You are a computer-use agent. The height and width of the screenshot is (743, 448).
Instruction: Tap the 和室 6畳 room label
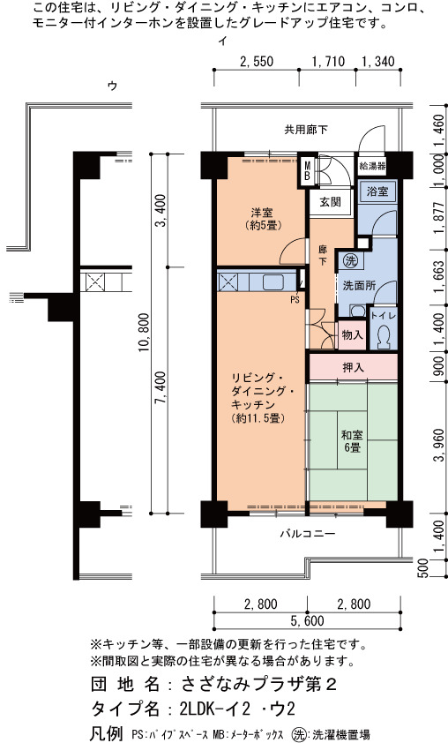click(352, 440)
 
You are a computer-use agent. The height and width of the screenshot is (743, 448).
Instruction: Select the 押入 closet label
click(353, 367)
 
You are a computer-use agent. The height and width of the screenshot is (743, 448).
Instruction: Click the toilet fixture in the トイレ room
click(383, 336)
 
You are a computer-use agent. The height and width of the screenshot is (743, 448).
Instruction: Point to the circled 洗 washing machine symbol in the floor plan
click(350, 260)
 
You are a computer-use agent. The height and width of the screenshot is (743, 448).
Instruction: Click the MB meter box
click(308, 171)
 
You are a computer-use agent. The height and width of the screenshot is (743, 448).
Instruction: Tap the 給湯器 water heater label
click(373, 166)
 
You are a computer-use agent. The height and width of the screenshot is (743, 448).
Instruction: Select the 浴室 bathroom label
click(377, 191)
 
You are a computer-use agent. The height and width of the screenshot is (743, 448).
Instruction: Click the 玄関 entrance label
click(330, 202)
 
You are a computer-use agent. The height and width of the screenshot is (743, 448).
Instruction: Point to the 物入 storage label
click(353, 334)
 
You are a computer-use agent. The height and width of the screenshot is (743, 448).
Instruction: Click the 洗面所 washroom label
click(359, 286)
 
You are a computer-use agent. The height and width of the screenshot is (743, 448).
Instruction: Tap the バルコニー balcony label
click(308, 534)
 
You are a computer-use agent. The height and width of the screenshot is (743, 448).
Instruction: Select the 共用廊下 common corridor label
click(305, 130)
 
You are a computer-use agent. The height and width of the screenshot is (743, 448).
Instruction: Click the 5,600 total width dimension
click(308, 620)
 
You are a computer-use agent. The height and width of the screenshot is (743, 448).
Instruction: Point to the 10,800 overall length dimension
click(145, 332)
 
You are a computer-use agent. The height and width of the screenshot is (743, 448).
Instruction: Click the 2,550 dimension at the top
click(257, 62)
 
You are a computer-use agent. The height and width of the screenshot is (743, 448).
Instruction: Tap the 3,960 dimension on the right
click(440, 444)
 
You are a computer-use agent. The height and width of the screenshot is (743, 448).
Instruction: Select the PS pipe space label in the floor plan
click(295, 300)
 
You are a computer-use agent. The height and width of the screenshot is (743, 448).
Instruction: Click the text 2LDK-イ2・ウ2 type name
click(238, 709)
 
